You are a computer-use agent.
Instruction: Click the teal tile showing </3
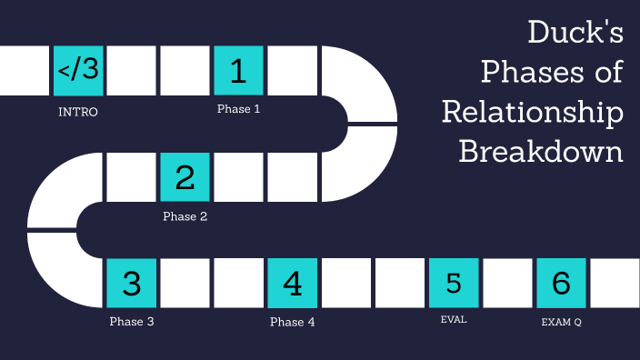click(x=78, y=71)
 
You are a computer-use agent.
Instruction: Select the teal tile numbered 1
click(x=238, y=71)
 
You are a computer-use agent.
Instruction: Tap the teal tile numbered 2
click(x=185, y=177)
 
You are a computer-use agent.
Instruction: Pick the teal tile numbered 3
click(x=132, y=284)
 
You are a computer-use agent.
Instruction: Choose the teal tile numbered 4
click(x=292, y=284)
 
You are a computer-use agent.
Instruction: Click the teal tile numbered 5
click(x=453, y=284)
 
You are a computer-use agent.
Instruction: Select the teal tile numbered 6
click(x=561, y=284)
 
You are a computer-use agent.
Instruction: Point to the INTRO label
click(x=78, y=113)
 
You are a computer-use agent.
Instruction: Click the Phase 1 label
click(x=238, y=109)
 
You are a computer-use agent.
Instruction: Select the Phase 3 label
click(x=132, y=322)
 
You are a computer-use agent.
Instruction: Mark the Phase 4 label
click(x=292, y=322)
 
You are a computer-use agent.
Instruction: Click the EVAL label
click(x=453, y=319)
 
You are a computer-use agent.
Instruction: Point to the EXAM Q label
click(x=561, y=322)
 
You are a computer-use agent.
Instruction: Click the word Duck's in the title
click(x=575, y=35)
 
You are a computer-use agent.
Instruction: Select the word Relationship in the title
click(x=533, y=111)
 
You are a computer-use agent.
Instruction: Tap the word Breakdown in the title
click(x=541, y=150)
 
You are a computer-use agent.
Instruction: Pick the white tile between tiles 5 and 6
click(x=507, y=284)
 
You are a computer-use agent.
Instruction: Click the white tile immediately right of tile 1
click(x=292, y=71)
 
